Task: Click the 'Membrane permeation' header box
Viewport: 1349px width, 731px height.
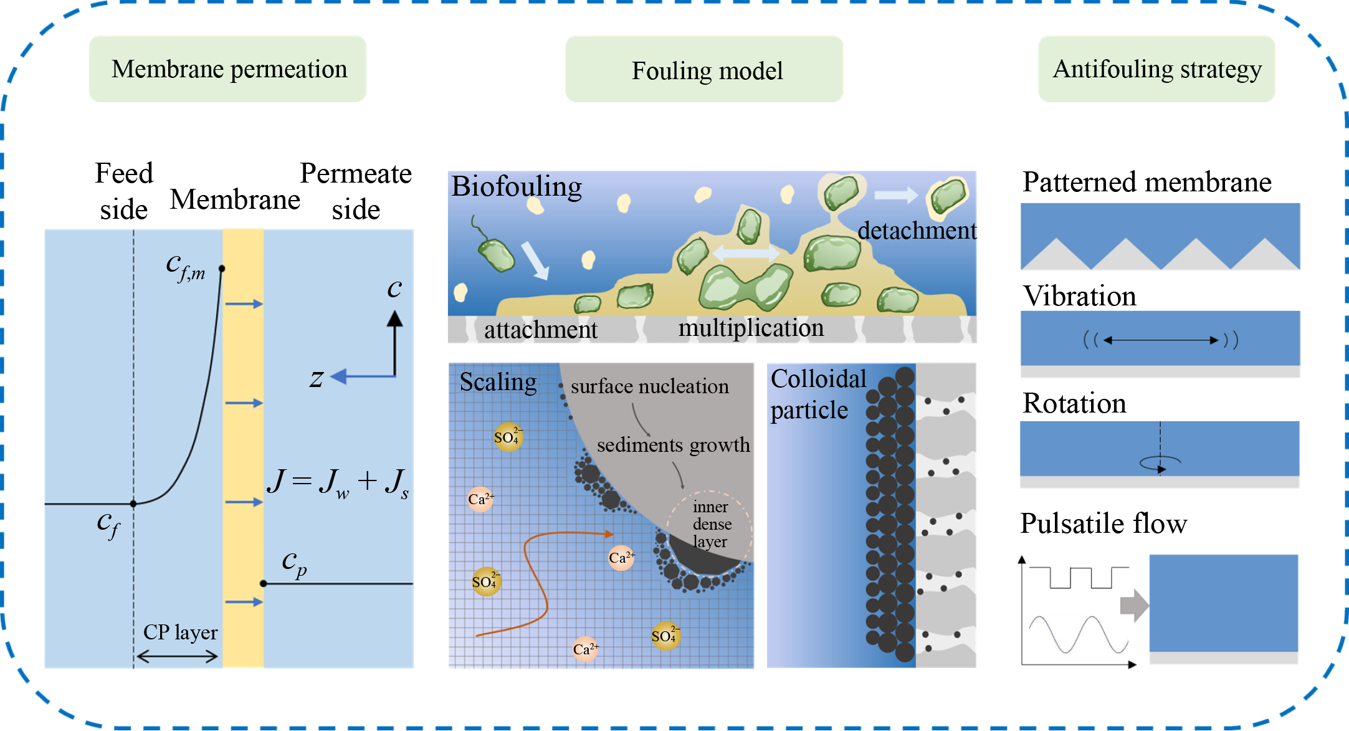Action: (228, 69)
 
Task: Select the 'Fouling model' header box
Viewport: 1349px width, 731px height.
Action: (704, 70)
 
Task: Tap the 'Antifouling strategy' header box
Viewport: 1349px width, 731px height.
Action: (1156, 69)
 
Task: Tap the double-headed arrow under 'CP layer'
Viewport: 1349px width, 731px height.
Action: (178, 656)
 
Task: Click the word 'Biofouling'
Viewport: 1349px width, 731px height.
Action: (517, 186)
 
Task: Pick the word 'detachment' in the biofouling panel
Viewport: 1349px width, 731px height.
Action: (917, 231)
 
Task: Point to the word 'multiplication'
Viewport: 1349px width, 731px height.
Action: (751, 328)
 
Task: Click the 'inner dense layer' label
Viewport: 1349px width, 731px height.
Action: (711, 524)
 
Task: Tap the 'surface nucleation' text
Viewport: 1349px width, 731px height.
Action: (649, 386)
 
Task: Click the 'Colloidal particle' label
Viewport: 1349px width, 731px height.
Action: (818, 394)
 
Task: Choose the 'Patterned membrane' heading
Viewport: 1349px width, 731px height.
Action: (1146, 182)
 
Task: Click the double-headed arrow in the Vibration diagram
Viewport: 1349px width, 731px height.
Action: (1160, 340)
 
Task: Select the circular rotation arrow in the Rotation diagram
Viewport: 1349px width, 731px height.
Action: (1160, 463)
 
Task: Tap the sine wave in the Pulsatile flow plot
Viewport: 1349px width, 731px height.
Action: (1078, 634)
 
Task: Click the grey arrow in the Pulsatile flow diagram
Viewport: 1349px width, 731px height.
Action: (1134, 605)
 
